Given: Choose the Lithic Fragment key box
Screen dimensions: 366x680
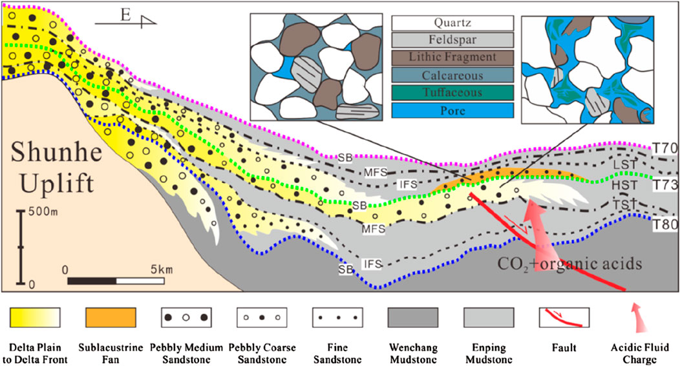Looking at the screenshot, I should pyautogui.click(x=453, y=58).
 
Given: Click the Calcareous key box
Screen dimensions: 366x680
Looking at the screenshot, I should pyautogui.click(x=453, y=76).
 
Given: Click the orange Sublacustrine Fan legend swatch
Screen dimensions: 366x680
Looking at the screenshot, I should pyautogui.click(x=111, y=317).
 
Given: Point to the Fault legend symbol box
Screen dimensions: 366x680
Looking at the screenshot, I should pyautogui.click(x=564, y=317).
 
